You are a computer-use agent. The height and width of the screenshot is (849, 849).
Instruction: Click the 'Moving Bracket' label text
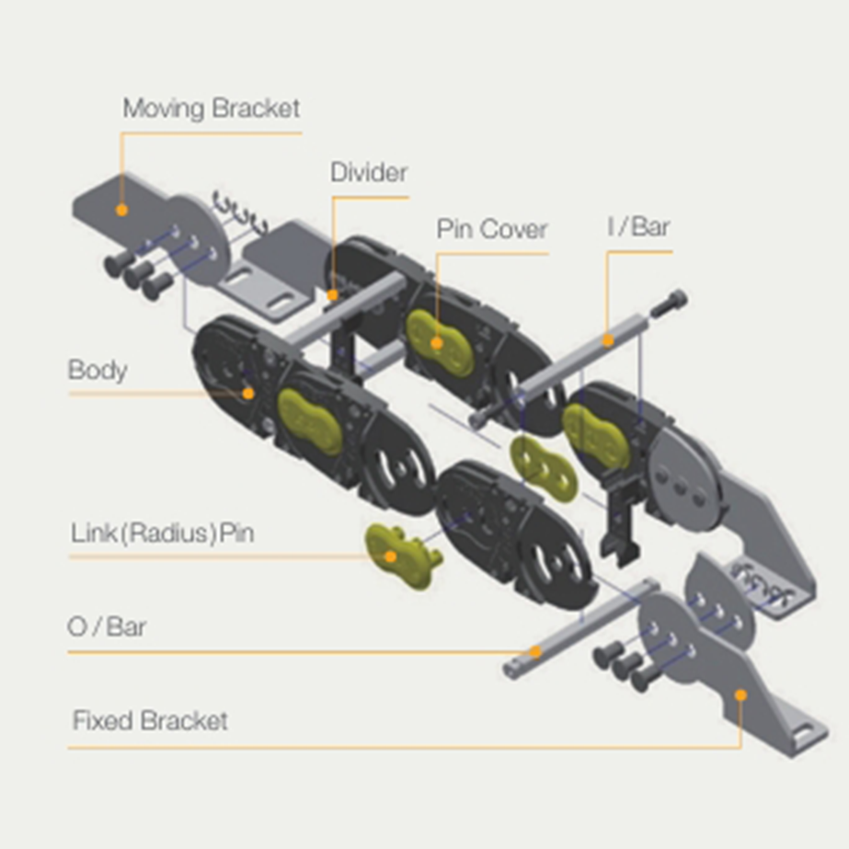tap(212, 109)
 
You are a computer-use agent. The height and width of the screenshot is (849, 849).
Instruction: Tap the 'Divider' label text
tap(369, 172)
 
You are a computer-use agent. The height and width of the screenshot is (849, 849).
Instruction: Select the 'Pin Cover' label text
tap(491, 228)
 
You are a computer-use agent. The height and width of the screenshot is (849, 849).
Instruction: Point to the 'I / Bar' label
tap(639, 227)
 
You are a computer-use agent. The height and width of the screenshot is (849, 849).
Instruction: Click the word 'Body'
tap(98, 371)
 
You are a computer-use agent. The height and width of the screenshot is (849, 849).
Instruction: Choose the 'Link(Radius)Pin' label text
tap(163, 533)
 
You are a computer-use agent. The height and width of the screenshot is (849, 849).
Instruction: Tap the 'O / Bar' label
tap(107, 627)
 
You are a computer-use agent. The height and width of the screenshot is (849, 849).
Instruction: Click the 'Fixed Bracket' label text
tap(150, 720)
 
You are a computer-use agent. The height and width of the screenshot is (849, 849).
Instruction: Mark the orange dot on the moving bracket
tap(121, 210)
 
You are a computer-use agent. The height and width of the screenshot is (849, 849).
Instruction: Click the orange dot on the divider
tap(332, 295)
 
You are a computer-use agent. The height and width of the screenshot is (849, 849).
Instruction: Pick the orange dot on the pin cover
tap(437, 343)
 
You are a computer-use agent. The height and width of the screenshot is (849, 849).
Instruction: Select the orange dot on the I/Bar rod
tap(608, 340)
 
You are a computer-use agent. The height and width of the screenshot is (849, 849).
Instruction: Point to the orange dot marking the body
tap(248, 393)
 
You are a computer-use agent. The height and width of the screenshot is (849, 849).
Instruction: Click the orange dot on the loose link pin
tap(390, 556)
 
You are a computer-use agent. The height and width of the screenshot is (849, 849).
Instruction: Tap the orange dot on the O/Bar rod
tap(535, 651)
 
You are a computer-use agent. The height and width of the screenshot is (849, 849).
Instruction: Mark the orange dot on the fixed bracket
tap(740, 694)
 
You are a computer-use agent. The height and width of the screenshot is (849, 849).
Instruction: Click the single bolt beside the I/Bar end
tap(668, 304)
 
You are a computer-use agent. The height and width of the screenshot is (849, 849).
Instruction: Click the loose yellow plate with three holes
tap(544, 468)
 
